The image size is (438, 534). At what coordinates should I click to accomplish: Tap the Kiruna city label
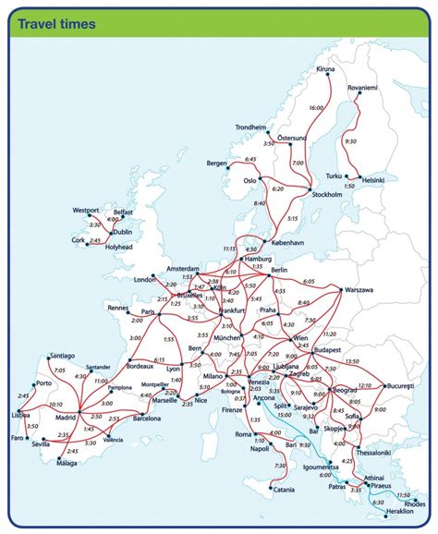click(x=325, y=70)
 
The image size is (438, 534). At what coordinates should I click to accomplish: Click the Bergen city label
click(x=216, y=164)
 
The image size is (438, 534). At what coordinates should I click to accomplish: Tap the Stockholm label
click(x=328, y=194)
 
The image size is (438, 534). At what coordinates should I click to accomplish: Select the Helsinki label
click(x=373, y=179)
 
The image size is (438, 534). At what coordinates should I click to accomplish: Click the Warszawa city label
click(x=358, y=290)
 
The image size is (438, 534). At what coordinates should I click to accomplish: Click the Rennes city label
click(x=118, y=307)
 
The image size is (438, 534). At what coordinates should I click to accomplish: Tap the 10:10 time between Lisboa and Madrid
click(x=57, y=404)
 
